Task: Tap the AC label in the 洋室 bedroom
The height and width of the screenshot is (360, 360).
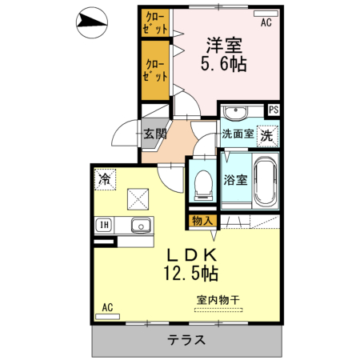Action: [x=266, y=23]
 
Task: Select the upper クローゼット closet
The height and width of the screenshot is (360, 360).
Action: [x=155, y=22]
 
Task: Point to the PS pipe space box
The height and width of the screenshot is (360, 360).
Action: [x=274, y=110]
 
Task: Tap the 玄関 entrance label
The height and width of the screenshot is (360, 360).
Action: [x=154, y=134]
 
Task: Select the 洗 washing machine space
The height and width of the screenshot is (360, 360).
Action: [x=266, y=134]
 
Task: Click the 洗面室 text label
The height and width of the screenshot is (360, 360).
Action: [x=238, y=134]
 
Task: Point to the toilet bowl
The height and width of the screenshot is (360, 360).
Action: [x=203, y=183]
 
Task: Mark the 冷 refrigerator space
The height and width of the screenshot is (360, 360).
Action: [x=105, y=180]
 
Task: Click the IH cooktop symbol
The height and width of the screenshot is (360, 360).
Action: [x=104, y=225]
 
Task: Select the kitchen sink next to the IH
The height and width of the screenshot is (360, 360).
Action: [x=141, y=225]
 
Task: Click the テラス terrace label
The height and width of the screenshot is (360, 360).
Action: [x=186, y=339]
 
